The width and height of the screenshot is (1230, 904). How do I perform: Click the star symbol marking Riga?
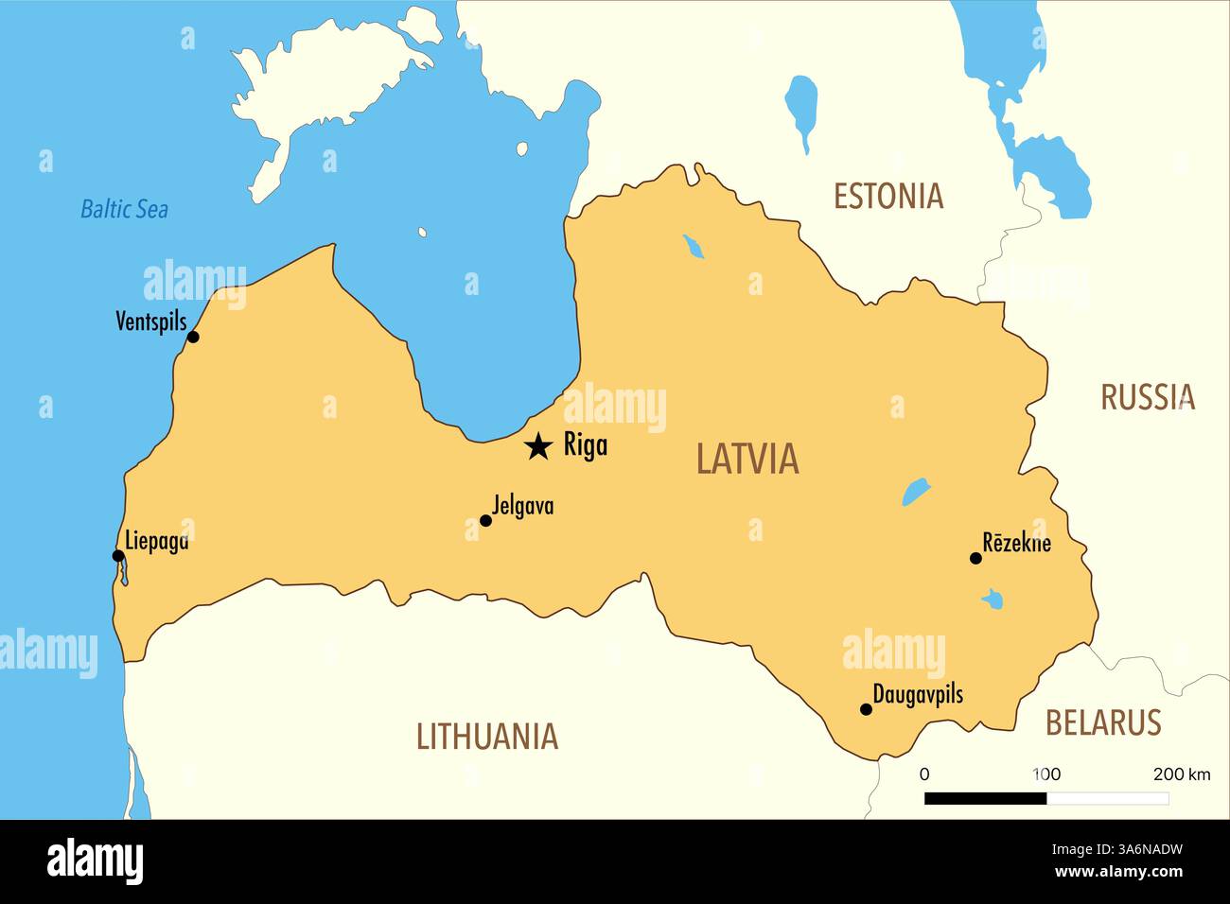538,446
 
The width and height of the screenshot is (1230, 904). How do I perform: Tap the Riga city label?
586,444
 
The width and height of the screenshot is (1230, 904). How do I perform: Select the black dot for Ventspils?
193,337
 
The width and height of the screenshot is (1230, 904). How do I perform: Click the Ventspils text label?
151,322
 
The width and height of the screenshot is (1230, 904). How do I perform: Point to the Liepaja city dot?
118,556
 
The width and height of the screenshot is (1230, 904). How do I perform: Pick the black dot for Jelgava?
485,520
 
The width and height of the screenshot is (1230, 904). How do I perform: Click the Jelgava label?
523,506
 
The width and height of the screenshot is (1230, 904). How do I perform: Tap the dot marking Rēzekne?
975,558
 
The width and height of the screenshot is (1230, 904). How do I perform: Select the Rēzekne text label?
1016,543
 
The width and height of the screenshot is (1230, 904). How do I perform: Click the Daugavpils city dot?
866,709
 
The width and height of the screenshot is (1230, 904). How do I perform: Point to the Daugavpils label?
917,695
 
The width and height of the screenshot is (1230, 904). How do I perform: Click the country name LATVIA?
747,460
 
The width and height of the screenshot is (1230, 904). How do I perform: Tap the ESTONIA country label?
887,197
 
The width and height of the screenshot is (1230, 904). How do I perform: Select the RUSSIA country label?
1147,397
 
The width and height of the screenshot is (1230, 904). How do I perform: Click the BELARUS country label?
1102,723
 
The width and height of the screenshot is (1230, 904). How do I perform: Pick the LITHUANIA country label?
487,737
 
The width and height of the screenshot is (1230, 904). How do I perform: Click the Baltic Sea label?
124,209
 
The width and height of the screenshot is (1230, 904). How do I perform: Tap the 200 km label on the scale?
1181,774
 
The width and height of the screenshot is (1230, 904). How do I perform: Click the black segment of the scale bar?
985,798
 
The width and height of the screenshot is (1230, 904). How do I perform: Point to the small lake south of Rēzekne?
993,599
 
